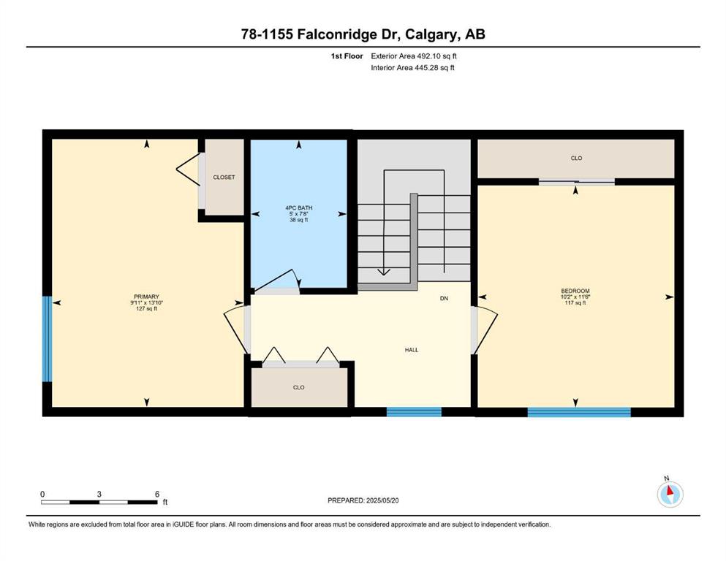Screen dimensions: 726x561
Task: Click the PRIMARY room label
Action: [146, 297]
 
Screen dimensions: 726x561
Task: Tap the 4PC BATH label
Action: [298, 207]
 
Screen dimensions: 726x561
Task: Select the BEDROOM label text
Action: [575, 291]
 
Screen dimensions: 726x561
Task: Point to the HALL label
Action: [412, 350]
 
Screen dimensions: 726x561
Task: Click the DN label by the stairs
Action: [444, 298]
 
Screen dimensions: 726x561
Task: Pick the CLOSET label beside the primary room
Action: [224, 177]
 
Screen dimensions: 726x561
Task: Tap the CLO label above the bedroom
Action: [576, 159]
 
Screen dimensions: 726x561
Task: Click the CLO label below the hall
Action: [298, 388]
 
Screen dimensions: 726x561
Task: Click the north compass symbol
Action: [670, 494]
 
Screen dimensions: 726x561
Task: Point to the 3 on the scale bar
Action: [99, 494]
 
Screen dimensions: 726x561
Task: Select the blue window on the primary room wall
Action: [47, 339]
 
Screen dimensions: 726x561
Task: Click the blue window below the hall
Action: [414, 411]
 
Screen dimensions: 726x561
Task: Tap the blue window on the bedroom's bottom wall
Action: [579, 411]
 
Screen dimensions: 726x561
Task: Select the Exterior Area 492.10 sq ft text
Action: [414, 56]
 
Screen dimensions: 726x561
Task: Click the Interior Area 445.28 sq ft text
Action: [412, 67]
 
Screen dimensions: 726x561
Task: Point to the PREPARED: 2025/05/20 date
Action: [363, 500]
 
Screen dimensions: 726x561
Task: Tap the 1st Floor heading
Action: [347, 56]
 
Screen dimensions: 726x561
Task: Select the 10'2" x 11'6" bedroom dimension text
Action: [575, 297]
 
